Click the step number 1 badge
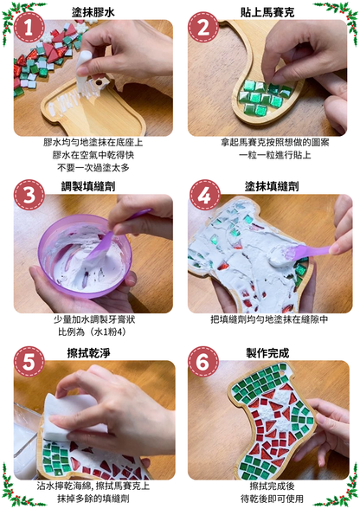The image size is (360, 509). (29, 28)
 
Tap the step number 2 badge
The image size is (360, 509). (203, 28)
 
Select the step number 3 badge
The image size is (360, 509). (29, 196)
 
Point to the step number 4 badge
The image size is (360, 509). (204, 196)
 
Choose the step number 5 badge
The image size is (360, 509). (29, 362)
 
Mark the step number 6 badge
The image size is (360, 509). (203, 362)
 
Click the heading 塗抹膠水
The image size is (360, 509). (93, 12)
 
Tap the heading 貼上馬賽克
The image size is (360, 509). (267, 12)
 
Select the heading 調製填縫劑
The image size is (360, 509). (88, 187)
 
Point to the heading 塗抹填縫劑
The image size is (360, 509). (272, 187)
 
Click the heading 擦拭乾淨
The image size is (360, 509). (88, 353)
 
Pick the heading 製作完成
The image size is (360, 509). (267, 353)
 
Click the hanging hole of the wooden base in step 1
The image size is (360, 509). (99, 83)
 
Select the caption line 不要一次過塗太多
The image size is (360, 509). (93, 168)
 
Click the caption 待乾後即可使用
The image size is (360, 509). (272, 499)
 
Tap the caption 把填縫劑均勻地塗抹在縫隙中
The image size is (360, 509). (269, 319)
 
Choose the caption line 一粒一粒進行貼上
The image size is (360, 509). (275, 155)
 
